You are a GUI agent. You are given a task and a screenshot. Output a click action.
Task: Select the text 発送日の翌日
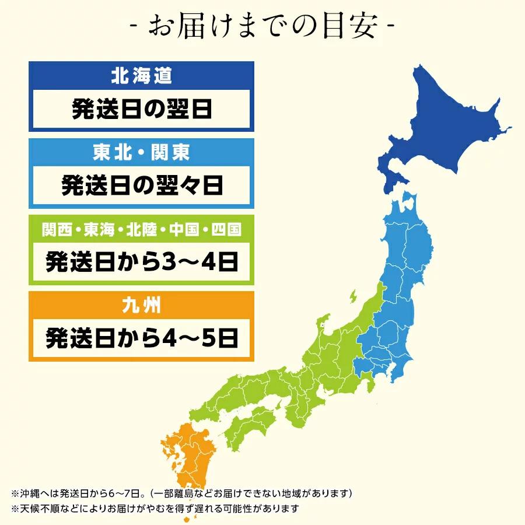tap(142, 109)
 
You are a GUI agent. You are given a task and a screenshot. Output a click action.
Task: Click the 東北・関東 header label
tap(142, 153)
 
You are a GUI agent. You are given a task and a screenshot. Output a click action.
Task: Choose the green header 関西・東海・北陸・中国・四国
tap(142, 229)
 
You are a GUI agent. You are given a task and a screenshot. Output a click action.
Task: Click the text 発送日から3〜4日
tap(142, 262)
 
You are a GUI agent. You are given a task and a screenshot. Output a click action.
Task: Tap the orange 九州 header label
tap(142, 306)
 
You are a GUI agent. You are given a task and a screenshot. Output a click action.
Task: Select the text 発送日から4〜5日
tap(142, 338)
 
